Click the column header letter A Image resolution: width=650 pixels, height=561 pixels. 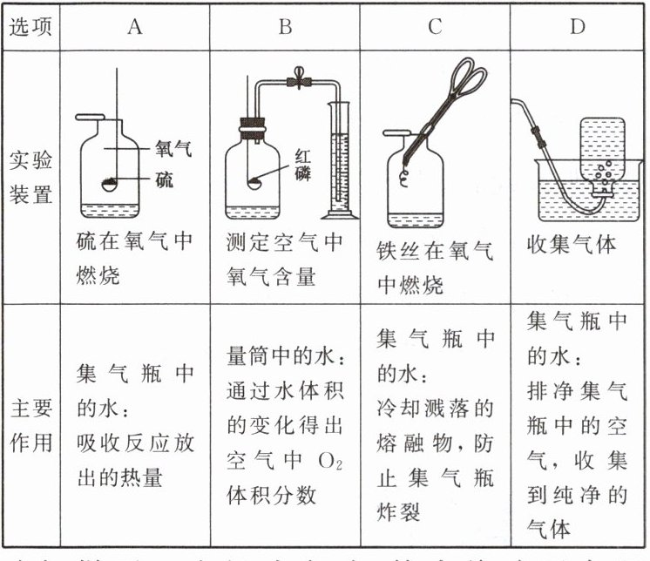click(134, 26)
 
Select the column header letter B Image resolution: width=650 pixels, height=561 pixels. click(284, 26)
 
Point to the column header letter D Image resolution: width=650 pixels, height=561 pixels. click(578, 26)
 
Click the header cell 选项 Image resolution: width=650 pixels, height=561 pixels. click(31, 26)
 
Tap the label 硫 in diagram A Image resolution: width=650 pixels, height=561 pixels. click(164, 180)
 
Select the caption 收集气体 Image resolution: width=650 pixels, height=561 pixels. click(572, 245)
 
